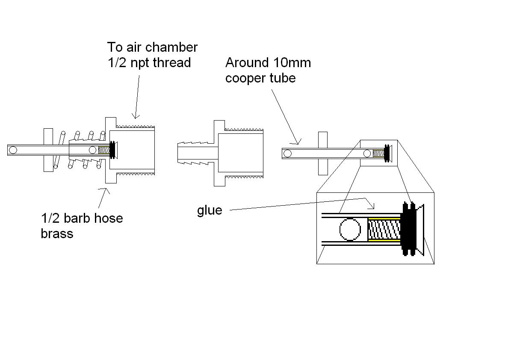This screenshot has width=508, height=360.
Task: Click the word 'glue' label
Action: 210,210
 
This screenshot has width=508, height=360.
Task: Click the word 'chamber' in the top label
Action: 171,47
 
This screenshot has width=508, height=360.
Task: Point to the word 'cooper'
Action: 244,79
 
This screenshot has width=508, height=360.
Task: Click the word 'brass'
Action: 57,234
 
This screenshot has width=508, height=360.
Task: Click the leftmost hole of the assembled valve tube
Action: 13,150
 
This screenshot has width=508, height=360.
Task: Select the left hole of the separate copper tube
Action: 287,153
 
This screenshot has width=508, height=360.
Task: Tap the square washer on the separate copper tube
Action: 322,153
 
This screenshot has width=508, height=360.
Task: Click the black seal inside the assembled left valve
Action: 114,150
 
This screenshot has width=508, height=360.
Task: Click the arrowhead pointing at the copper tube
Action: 298,142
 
